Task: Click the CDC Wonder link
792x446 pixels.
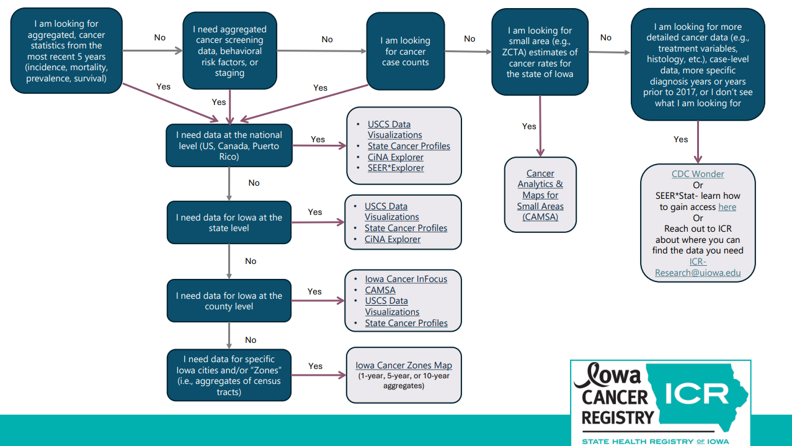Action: (698, 174)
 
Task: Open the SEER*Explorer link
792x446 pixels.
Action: (396, 168)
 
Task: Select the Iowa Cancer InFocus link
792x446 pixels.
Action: (406, 279)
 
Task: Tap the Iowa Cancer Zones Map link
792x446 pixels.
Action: (404, 365)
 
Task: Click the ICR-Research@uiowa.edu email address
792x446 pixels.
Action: (698, 267)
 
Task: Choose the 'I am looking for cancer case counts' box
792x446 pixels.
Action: (406, 52)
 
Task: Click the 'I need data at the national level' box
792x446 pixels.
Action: (229, 145)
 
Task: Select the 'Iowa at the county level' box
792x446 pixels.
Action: (229, 301)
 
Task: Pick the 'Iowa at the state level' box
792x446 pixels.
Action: (229, 222)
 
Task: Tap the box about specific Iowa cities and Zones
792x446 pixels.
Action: (229, 375)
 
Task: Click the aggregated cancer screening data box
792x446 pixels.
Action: (229, 51)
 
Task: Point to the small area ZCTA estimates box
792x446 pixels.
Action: (539, 52)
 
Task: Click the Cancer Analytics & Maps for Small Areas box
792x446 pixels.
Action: (540, 194)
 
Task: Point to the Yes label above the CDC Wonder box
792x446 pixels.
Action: (681, 139)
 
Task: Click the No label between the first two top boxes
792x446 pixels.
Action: (160, 37)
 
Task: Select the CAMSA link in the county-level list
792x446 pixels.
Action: (380, 290)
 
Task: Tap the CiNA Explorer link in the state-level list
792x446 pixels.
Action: (393, 239)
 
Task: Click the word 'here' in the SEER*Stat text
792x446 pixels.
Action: (727, 207)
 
